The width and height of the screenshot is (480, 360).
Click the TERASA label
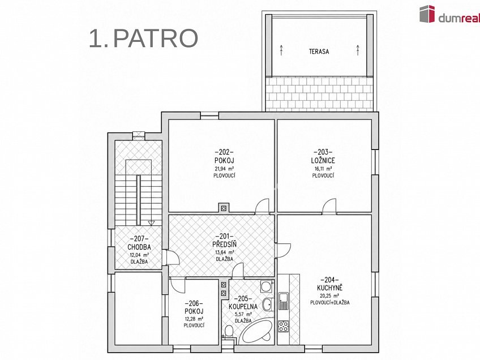tap(319, 52)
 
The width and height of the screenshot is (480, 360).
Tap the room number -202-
tap(224, 152)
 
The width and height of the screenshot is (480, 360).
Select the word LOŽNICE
tap(323, 160)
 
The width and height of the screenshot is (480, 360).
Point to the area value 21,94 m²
tap(224, 168)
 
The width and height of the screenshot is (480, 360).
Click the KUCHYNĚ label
tap(329, 288)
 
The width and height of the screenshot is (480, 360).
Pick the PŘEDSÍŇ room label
tap(224, 245)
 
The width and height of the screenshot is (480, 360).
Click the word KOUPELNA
tap(243, 306)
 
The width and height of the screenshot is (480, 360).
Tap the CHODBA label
tap(139, 247)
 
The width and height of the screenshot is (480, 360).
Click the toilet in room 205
tap(229, 332)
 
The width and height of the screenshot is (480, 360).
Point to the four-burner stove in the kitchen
tap(284, 326)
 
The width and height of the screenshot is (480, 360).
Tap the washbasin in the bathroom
tap(268, 304)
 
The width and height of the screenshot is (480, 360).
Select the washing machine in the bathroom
tap(266, 286)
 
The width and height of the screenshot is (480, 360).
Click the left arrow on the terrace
tap(281, 50)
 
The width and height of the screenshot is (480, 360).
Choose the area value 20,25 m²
tap(329, 295)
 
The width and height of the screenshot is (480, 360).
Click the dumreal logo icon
tap(427, 14)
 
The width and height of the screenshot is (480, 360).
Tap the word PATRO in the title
tap(156, 38)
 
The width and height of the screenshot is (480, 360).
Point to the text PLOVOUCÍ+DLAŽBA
tap(329, 303)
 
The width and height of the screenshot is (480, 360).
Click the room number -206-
tap(194, 303)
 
